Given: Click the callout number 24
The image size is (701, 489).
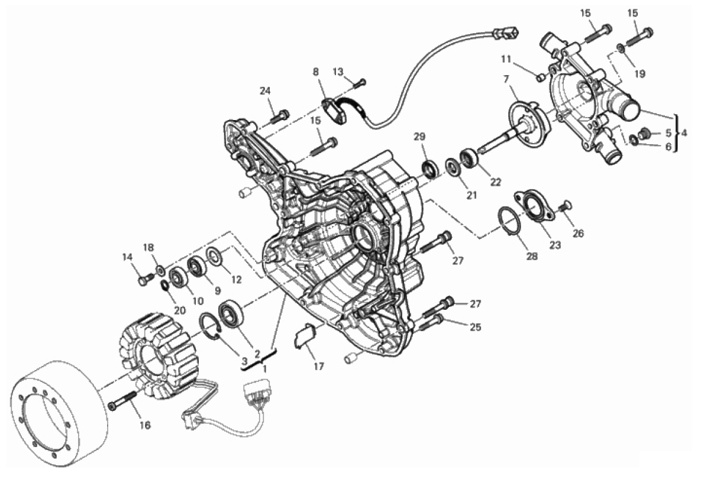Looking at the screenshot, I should click(264, 91).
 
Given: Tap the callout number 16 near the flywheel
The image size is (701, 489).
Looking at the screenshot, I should click(145, 425).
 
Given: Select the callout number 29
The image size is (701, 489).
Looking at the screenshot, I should click(419, 137).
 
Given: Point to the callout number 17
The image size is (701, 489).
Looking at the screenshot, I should click(319, 367).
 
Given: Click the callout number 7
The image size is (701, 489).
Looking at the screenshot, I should click(506, 79).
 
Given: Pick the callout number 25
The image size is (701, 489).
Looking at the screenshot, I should click(476, 326).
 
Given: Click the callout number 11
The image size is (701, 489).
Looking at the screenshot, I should click(506, 59).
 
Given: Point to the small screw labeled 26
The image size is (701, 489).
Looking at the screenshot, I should click(566, 205).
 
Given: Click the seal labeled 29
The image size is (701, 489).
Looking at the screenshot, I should click(430, 168).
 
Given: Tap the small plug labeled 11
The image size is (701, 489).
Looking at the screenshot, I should click(539, 76).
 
